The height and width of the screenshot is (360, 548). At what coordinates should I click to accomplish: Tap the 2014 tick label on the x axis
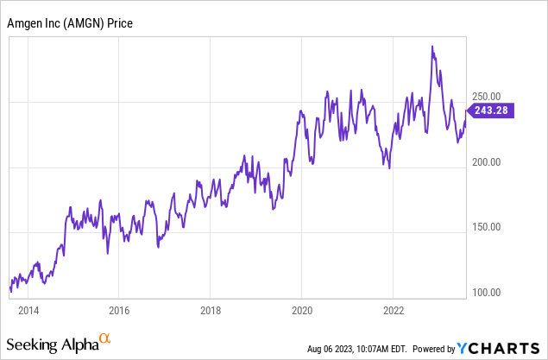click(28, 310)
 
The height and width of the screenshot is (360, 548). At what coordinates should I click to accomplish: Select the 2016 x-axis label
click(119, 310)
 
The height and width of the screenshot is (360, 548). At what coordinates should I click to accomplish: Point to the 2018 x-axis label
click(211, 310)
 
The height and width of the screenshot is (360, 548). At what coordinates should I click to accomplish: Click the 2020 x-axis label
click(302, 310)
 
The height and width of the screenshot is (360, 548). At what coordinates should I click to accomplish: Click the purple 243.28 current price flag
click(491, 110)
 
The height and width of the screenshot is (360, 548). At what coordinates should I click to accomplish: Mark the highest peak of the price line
click(432, 47)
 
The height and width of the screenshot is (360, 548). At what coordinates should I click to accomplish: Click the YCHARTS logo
click(500, 349)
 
